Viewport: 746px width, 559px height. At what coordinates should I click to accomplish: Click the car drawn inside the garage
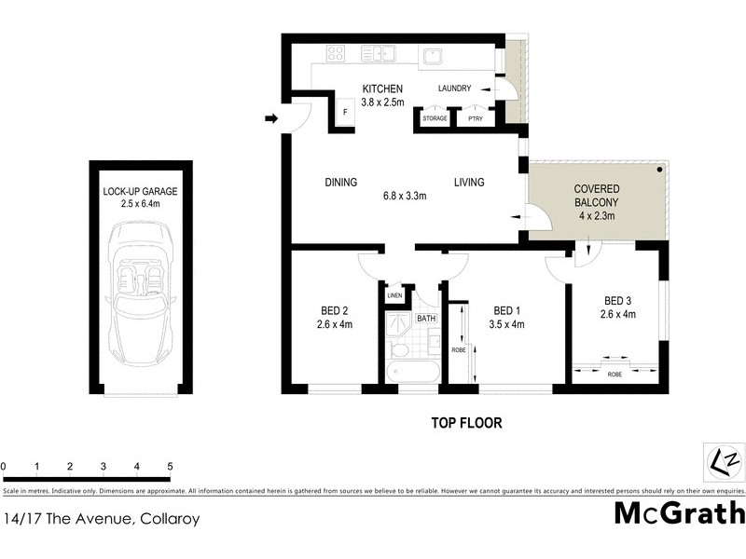pyautogui.click(x=140, y=295)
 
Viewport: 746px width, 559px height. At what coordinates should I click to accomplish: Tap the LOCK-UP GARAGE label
pyautogui.click(x=140, y=192)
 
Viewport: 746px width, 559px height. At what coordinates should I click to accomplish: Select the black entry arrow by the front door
pyautogui.click(x=271, y=118)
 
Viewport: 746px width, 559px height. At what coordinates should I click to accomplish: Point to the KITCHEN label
pyautogui.click(x=382, y=89)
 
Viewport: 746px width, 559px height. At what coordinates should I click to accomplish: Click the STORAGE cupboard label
pyautogui.click(x=435, y=119)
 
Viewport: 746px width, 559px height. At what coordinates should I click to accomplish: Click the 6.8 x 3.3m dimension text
pyautogui.click(x=405, y=197)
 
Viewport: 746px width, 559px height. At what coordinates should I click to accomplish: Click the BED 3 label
pyautogui.click(x=619, y=300)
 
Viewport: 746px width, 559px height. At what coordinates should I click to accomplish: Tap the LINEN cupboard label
pyautogui.click(x=394, y=296)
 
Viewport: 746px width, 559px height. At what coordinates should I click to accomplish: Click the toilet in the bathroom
pyautogui.click(x=398, y=348)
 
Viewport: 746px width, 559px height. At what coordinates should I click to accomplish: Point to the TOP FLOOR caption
pyautogui.click(x=466, y=423)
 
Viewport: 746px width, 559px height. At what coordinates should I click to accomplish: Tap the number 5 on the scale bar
pyautogui.click(x=170, y=465)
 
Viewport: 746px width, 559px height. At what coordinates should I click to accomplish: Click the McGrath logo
pyautogui.click(x=679, y=512)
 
